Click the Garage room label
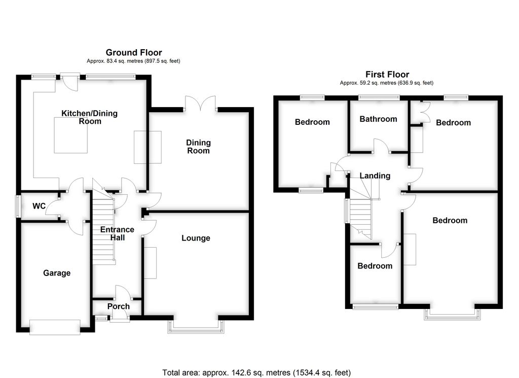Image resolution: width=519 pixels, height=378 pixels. click(x=57, y=273)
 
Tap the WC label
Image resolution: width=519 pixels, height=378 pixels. click(x=39, y=207)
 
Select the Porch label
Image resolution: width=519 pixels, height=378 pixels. click(x=118, y=306)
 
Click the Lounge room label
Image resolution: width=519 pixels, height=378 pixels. click(x=196, y=238)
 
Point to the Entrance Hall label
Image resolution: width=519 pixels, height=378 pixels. click(x=117, y=233)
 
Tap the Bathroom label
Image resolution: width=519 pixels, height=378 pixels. click(x=378, y=119)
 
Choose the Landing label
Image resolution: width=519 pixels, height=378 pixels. click(x=375, y=176)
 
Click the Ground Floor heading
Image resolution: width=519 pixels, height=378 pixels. click(x=134, y=52)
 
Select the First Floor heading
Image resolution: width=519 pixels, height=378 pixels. click(x=387, y=75)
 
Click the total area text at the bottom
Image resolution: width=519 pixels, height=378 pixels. click(x=256, y=372)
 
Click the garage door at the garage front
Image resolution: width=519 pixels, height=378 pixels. click(x=55, y=326)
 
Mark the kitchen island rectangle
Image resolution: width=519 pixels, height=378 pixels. click(x=70, y=135)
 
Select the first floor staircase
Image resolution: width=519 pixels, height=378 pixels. click(x=361, y=216)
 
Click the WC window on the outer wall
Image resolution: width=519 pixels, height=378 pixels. click(x=18, y=206)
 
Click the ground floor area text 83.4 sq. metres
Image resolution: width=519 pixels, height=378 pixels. click(x=133, y=61)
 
